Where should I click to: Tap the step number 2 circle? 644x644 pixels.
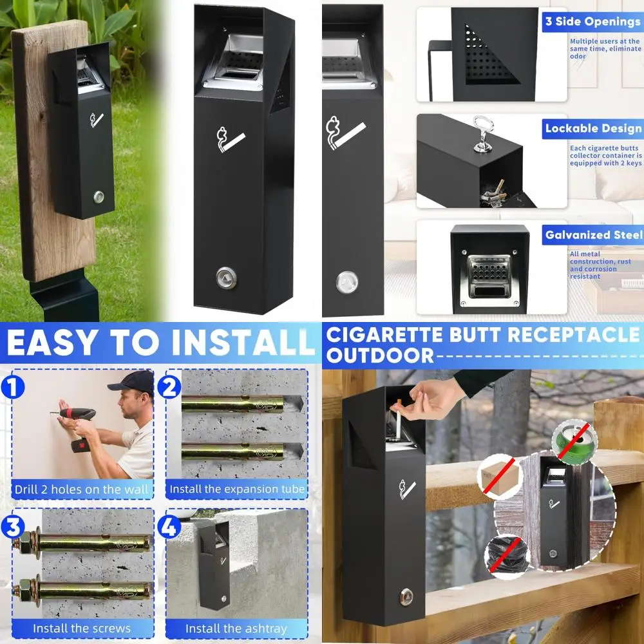[x=169, y=388]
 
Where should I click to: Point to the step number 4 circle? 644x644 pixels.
[x=169, y=527]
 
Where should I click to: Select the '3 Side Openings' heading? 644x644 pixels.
[x=592, y=21]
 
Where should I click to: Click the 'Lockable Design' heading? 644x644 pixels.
[x=592, y=128]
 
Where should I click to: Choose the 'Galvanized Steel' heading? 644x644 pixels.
[x=593, y=235]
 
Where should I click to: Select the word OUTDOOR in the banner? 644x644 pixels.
[x=380, y=355]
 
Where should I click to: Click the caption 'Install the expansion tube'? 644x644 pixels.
[x=237, y=489]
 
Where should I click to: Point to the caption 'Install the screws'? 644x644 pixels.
[x=82, y=628]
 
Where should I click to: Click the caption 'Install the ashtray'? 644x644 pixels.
[x=236, y=628]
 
